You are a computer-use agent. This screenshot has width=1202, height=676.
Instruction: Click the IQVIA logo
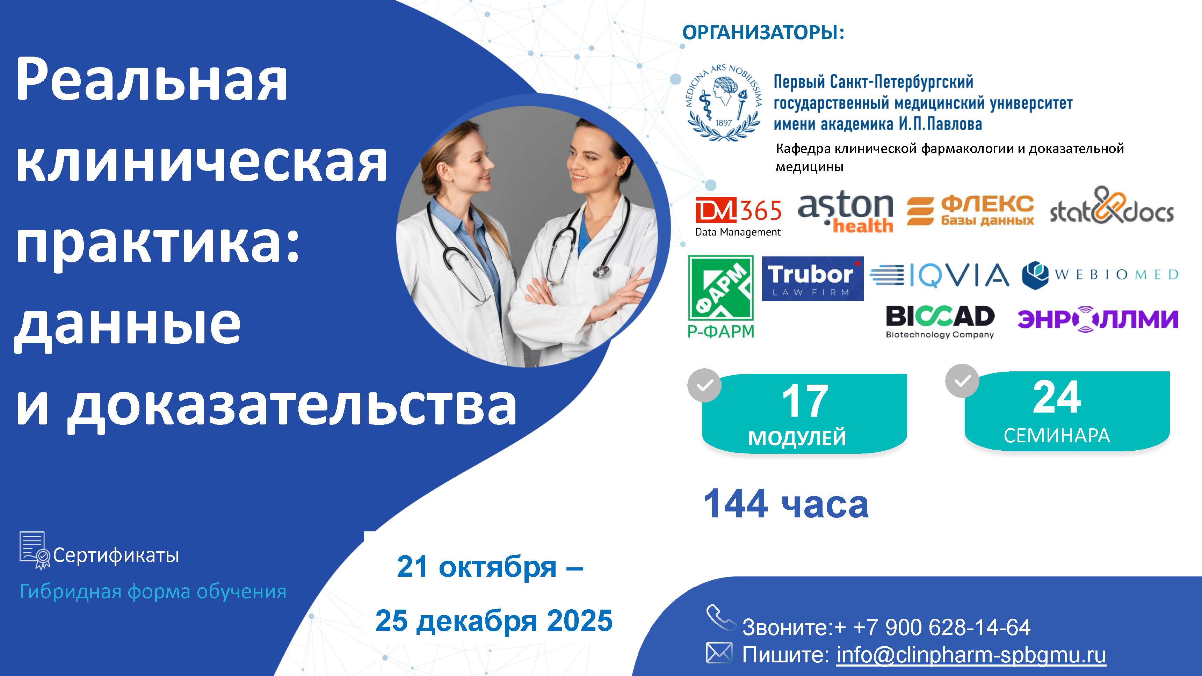(x=939, y=275)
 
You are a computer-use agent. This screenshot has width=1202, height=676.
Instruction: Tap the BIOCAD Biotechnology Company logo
(x=940, y=321)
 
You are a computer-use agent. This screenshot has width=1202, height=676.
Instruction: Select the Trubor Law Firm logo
(x=812, y=278)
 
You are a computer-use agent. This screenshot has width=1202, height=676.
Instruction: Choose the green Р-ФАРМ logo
(x=721, y=296)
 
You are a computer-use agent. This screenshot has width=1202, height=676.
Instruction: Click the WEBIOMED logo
(x=1100, y=275)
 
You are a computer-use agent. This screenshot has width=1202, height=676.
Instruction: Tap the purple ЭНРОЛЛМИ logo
(x=1098, y=320)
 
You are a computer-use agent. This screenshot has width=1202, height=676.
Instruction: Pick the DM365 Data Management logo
(x=738, y=217)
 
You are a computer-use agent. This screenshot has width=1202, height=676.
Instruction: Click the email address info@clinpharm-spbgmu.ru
(x=971, y=655)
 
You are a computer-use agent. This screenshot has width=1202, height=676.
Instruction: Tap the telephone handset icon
(x=721, y=618)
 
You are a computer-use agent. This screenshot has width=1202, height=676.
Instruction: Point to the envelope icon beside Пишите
(x=719, y=652)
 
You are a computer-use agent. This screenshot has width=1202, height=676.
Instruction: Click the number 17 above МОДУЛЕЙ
(x=805, y=401)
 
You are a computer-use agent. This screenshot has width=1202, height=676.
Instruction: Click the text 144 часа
(x=786, y=504)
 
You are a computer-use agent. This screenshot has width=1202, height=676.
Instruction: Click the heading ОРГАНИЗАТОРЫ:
(x=763, y=32)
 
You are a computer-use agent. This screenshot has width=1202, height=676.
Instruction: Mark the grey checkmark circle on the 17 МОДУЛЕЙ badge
(x=704, y=385)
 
